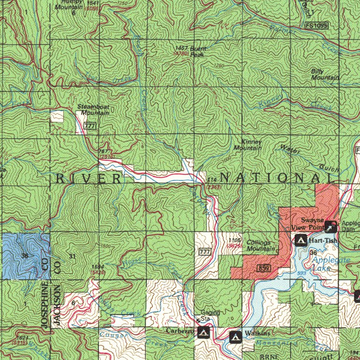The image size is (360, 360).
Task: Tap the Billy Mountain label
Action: coord(324,74)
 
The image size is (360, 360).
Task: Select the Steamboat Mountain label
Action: coord(94,110)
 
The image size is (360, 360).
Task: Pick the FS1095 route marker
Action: coord(315,25)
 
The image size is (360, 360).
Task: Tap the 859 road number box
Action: coord(262,267)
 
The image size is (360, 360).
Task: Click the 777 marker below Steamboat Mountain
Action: coord(90,127)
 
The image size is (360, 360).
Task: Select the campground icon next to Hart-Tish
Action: coord(301,240)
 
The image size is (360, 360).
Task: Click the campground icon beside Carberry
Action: coord(203,332)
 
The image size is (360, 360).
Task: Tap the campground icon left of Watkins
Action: coord(235,336)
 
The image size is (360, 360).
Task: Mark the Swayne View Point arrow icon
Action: coord(331,227)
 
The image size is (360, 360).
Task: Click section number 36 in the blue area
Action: coord(24,255)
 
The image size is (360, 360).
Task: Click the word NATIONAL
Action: coord(277,178)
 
